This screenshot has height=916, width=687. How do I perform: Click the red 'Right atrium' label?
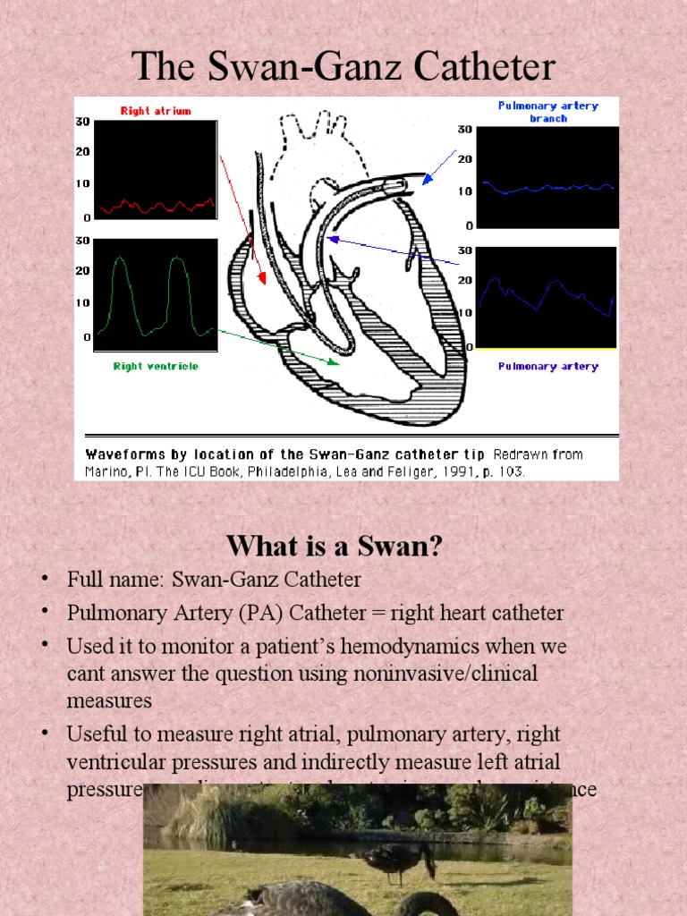coord(156,111)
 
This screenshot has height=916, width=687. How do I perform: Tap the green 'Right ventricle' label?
coord(156,366)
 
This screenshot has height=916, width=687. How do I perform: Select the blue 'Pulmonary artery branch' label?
coord(547,111)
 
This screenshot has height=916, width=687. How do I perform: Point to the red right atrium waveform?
coord(156,206)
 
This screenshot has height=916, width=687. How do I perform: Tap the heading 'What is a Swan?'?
coord(335,545)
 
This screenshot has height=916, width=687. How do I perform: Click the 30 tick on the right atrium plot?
coord(82,122)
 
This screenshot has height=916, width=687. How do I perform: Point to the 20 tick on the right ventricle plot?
coord(82,270)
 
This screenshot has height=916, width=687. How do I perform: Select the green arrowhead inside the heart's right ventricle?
coord(334,362)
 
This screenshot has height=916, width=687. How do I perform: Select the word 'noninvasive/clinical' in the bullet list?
coord(457,673)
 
